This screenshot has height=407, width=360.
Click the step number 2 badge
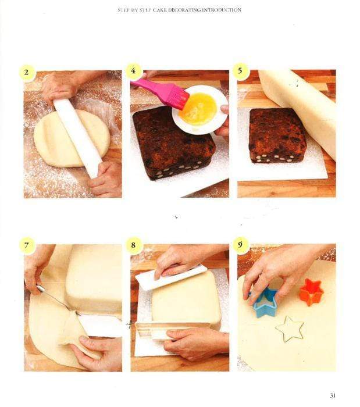coord(27,73)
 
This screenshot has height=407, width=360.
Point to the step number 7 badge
coord(27,245)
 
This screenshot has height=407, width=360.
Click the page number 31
coord(333,395)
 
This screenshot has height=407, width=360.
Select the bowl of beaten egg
coord(199,109)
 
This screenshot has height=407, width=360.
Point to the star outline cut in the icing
coord(290,329)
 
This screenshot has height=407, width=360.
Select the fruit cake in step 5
coord(277,135)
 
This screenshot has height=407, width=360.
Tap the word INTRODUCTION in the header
coord(220,10)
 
